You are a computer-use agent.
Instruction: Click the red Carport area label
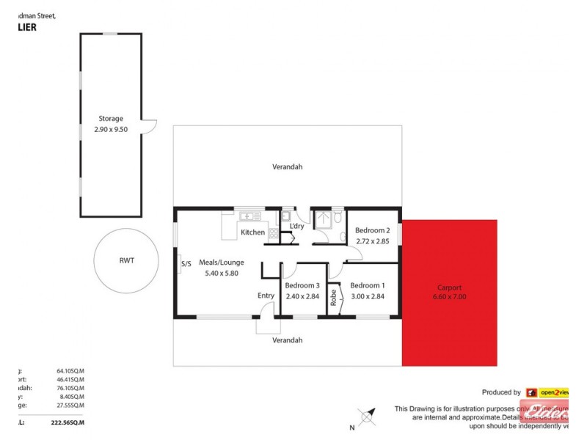pos(449,287)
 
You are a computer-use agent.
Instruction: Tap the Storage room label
pos(111,118)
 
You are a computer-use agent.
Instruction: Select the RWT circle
pos(125,260)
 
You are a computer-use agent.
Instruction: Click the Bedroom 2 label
pos(373,230)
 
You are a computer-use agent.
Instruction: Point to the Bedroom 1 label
pos(367,285)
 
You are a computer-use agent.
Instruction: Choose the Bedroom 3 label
pos(302,285)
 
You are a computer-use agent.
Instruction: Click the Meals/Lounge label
pos(221,263)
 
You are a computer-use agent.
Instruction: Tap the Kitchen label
pos(252,232)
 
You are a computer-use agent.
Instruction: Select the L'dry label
pos(297,226)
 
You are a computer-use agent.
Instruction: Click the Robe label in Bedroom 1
pos(333,297)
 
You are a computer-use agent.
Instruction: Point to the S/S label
pos(185,264)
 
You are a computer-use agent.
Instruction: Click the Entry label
pos(266,296)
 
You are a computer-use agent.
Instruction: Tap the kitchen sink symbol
pos(247,216)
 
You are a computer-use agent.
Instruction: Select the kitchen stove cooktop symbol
pos(273,233)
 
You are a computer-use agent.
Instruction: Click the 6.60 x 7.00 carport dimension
pos(449,297)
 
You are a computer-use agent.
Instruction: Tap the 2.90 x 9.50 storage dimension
pos(111,128)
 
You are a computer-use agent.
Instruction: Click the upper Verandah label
pos(287,166)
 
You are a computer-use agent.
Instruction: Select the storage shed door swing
pos(149,128)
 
